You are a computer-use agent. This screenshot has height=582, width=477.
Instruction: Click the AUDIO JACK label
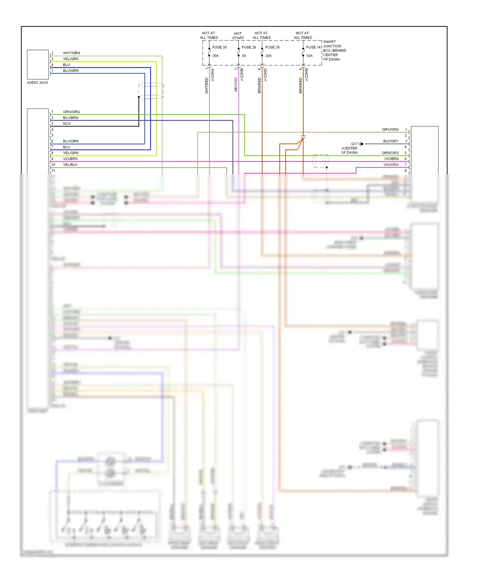38,82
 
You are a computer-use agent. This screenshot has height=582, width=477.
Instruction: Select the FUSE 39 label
219,47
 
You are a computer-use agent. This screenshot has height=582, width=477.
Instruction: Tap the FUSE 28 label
249,47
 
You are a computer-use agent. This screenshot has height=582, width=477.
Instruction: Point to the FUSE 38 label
272,47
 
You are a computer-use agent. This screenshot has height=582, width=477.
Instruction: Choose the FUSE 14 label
313,47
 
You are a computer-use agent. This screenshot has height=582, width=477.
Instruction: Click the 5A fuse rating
244,56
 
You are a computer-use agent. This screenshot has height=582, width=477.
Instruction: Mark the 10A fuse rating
309,56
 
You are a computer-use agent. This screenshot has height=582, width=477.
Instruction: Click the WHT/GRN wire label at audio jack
71,53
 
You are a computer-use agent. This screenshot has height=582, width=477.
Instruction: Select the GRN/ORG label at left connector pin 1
71,112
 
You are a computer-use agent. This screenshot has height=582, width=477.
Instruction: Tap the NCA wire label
67,124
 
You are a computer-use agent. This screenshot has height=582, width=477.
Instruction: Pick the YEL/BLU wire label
70,165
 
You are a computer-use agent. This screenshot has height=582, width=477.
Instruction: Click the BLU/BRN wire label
71,117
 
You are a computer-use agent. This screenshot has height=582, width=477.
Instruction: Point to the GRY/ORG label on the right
390,130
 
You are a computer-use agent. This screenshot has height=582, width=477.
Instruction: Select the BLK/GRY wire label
391,141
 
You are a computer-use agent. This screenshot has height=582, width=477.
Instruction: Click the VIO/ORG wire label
391,165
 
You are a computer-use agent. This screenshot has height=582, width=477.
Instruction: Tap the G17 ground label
354,144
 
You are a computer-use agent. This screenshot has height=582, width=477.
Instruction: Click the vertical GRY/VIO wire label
236,85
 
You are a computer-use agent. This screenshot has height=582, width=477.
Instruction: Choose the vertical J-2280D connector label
266,75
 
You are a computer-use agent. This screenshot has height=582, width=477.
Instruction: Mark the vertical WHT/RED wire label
207,85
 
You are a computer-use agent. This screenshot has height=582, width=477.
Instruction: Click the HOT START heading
238,36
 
